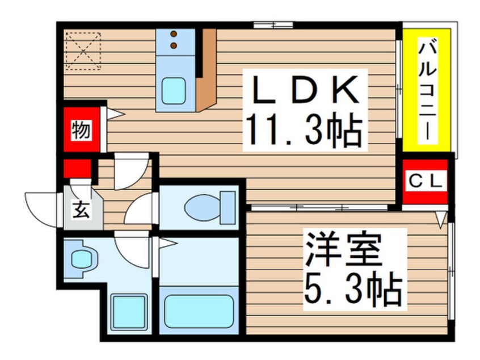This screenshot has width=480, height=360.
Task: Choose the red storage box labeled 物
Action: [x=81, y=131]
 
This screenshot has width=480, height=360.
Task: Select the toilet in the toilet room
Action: [x=210, y=207]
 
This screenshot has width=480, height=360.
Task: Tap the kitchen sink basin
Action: [x=174, y=90]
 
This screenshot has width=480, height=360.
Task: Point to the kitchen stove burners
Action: [x=175, y=39]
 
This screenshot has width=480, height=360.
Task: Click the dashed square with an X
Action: [x=83, y=49]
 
